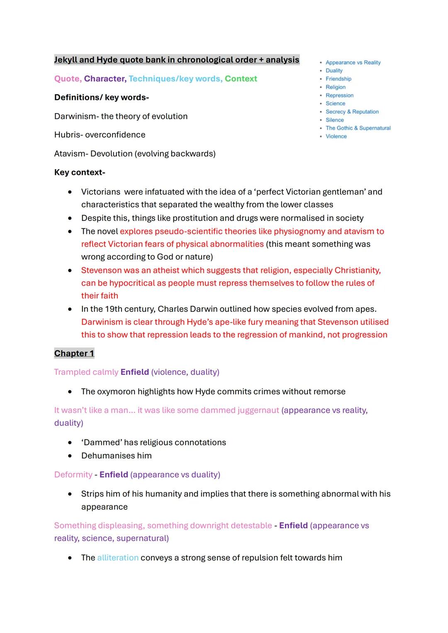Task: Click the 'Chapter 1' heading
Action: (74, 353)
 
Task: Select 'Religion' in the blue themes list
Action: (335, 87)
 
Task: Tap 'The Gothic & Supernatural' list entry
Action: (358, 128)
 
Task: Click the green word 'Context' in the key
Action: (241, 79)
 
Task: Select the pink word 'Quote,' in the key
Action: (68, 79)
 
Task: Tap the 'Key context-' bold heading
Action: (80, 172)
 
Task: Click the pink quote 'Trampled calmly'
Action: (86, 372)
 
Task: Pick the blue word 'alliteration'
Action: (118, 558)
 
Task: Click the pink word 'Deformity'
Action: (73, 475)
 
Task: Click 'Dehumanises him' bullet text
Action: (116, 456)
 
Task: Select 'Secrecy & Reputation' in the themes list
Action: (352, 112)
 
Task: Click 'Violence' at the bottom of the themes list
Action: (336, 136)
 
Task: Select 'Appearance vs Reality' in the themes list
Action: (353, 63)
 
